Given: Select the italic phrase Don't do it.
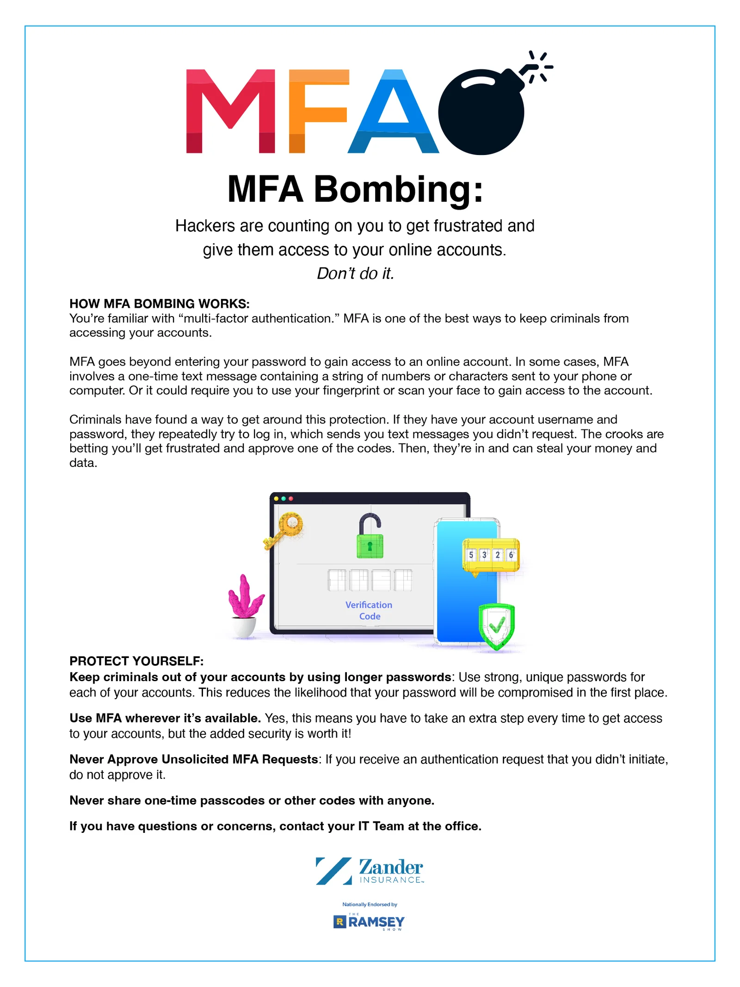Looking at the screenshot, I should pyautogui.click(x=355, y=273).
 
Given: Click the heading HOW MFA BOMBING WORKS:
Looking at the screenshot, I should pyautogui.click(x=159, y=304).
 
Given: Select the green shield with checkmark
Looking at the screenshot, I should pyautogui.click(x=496, y=626).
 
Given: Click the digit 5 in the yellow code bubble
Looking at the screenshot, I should pyautogui.click(x=471, y=554).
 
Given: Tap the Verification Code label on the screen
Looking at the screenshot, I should pyautogui.click(x=369, y=610).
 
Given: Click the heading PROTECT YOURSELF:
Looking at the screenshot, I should pyautogui.click(x=136, y=661).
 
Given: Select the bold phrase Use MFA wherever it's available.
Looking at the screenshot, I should pyautogui.click(x=165, y=718).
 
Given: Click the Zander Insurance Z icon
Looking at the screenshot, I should pyautogui.click(x=333, y=871).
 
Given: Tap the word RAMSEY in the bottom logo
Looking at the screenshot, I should pyautogui.click(x=376, y=922).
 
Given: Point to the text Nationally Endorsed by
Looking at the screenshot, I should pyautogui.click(x=370, y=904).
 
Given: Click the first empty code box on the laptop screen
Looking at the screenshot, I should pyautogui.click(x=337, y=580).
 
